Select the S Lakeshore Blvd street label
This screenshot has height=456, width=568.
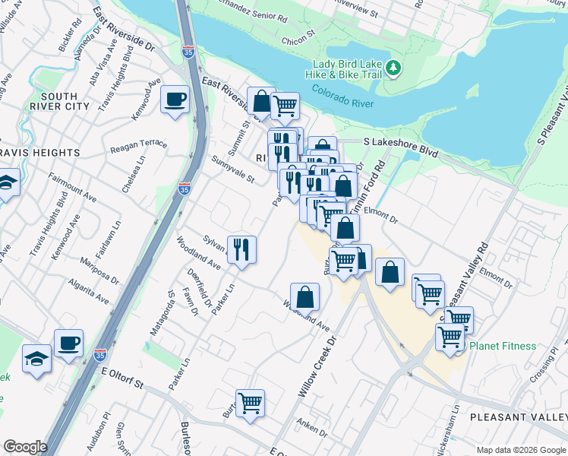click(401, 142)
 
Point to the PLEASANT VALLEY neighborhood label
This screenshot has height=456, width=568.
click(518, 417)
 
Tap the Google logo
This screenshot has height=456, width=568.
click(24, 447)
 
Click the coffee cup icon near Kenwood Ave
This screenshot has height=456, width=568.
click(175, 100)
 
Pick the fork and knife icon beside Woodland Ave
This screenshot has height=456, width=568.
click(241, 249)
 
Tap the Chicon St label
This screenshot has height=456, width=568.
click(298, 39)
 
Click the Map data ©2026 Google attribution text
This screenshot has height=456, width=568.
click(519, 448)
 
